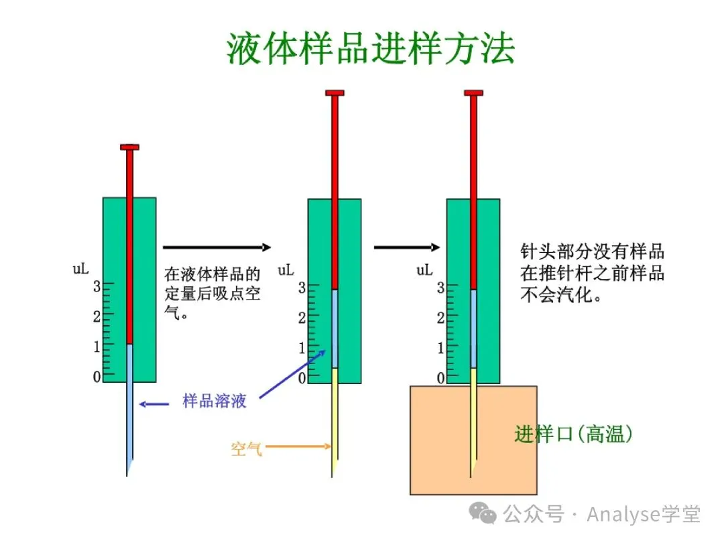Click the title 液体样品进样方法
click(x=371, y=49)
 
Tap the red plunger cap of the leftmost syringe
click(x=129, y=147)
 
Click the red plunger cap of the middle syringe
click(x=335, y=93)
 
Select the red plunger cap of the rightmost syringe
click(x=473, y=93)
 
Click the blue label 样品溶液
click(x=215, y=402)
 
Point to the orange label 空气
click(x=246, y=448)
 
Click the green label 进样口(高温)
click(x=573, y=434)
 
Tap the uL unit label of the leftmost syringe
click(x=80, y=269)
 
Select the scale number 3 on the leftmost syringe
click(x=97, y=286)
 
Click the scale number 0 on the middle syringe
click(x=302, y=378)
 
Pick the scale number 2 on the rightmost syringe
click(x=440, y=317)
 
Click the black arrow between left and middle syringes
click(x=217, y=247)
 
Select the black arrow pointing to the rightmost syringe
click(x=406, y=247)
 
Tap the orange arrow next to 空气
click(x=298, y=446)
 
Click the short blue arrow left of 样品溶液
click(x=154, y=404)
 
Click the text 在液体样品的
click(x=212, y=274)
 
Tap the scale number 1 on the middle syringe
click(x=302, y=348)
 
